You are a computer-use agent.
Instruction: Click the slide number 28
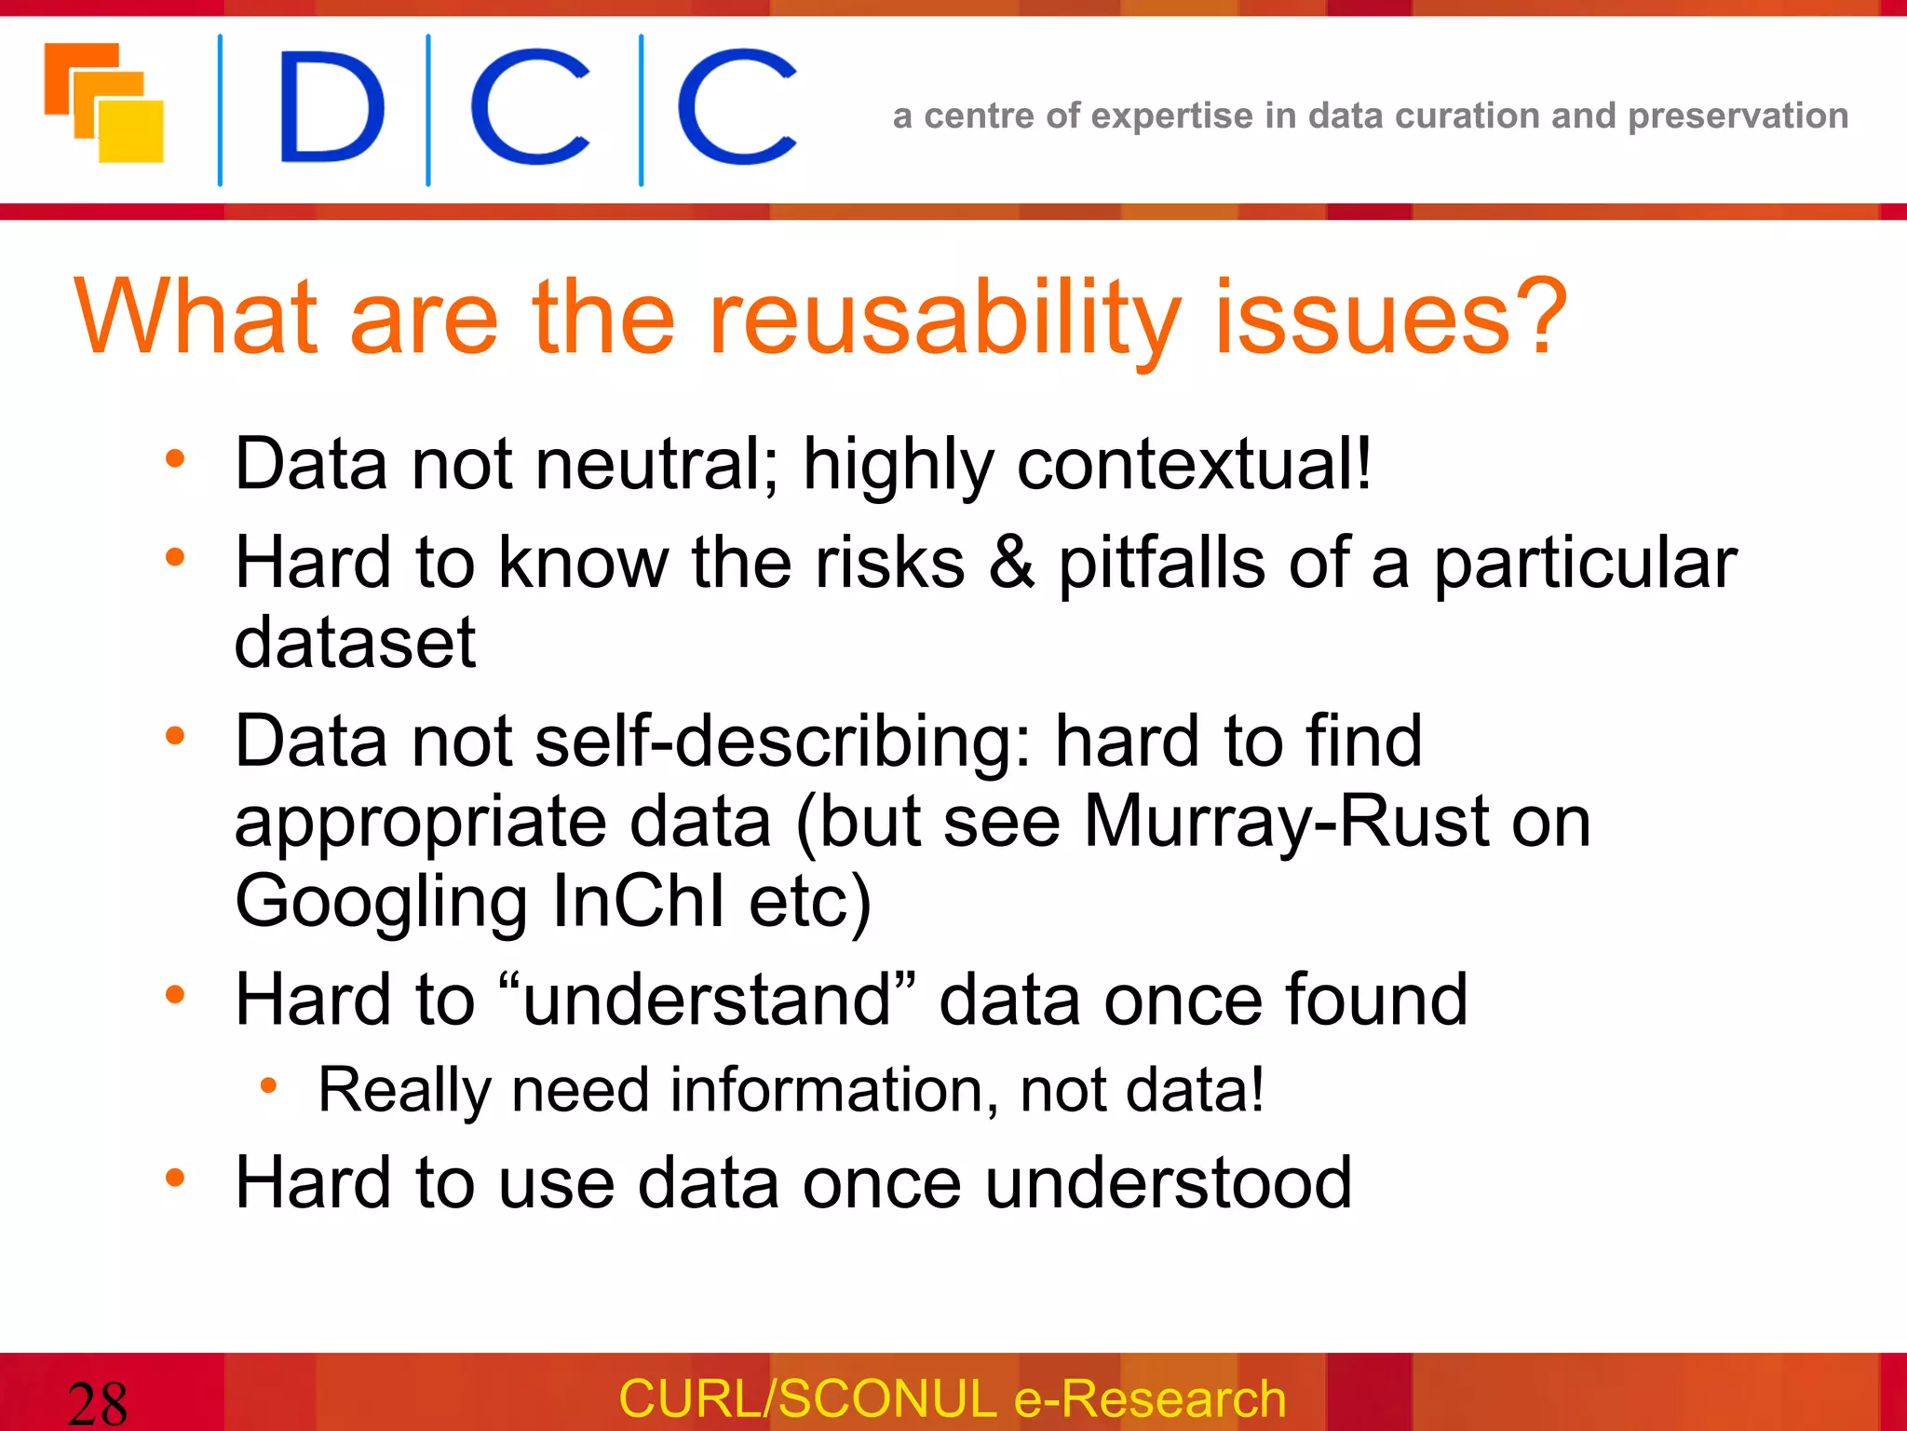pos(97,1403)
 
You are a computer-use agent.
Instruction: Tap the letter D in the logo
pos(331,108)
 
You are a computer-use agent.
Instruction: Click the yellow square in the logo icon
pos(130,132)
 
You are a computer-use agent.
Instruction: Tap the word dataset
pos(355,643)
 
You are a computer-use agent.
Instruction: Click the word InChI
pos(638,901)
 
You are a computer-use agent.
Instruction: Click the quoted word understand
pos(708,999)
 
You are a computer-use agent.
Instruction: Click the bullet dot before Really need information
pos(269,1084)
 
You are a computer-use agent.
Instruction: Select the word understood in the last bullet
pos(1168,1183)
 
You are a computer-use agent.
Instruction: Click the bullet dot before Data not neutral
pos(175,458)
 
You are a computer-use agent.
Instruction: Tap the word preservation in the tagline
pos(1738,116)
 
